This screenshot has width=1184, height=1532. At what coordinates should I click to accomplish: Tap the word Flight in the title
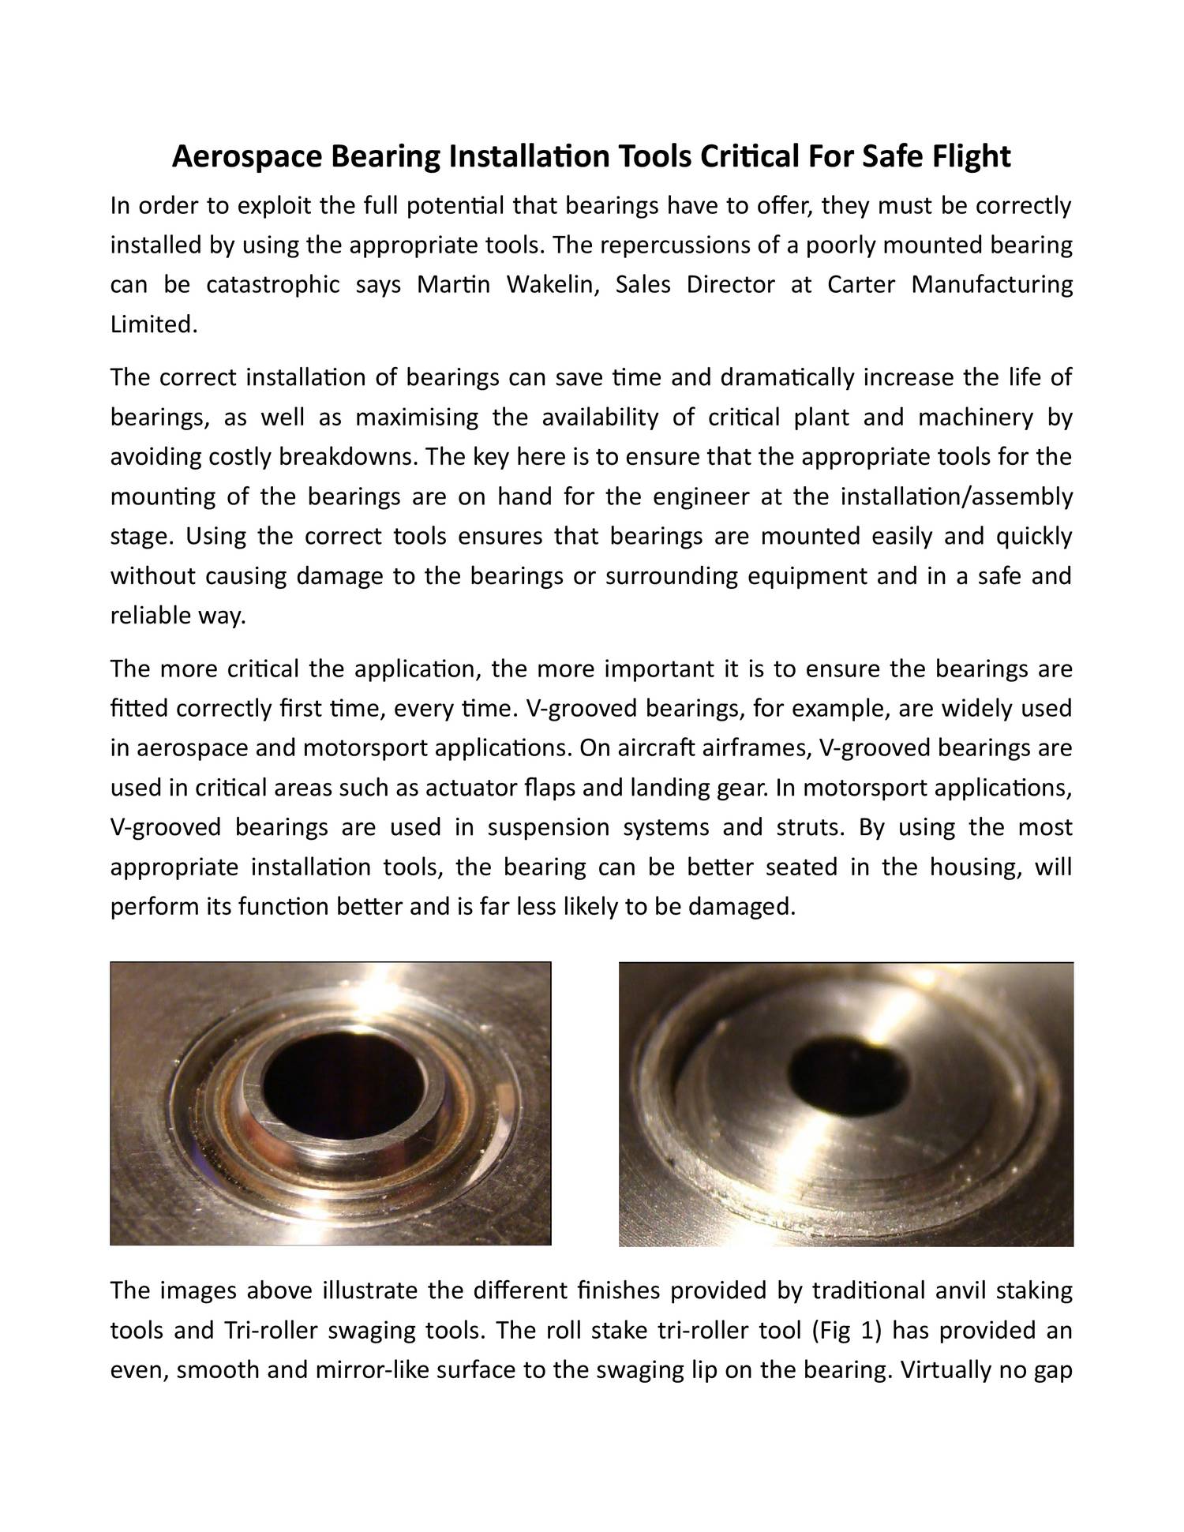click(971, 157)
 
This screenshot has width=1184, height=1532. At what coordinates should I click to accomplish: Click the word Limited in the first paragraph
click(151, 324)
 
